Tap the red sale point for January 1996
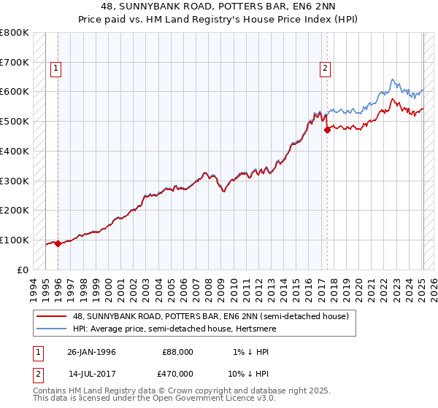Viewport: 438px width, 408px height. [x=58, y=243]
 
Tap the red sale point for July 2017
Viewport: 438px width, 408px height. [x=327, y=130]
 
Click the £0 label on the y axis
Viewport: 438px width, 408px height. [x=23, y=270]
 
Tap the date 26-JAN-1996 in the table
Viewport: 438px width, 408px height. [x=91, y=352]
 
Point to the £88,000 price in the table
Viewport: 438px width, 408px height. [x=177, y=352]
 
